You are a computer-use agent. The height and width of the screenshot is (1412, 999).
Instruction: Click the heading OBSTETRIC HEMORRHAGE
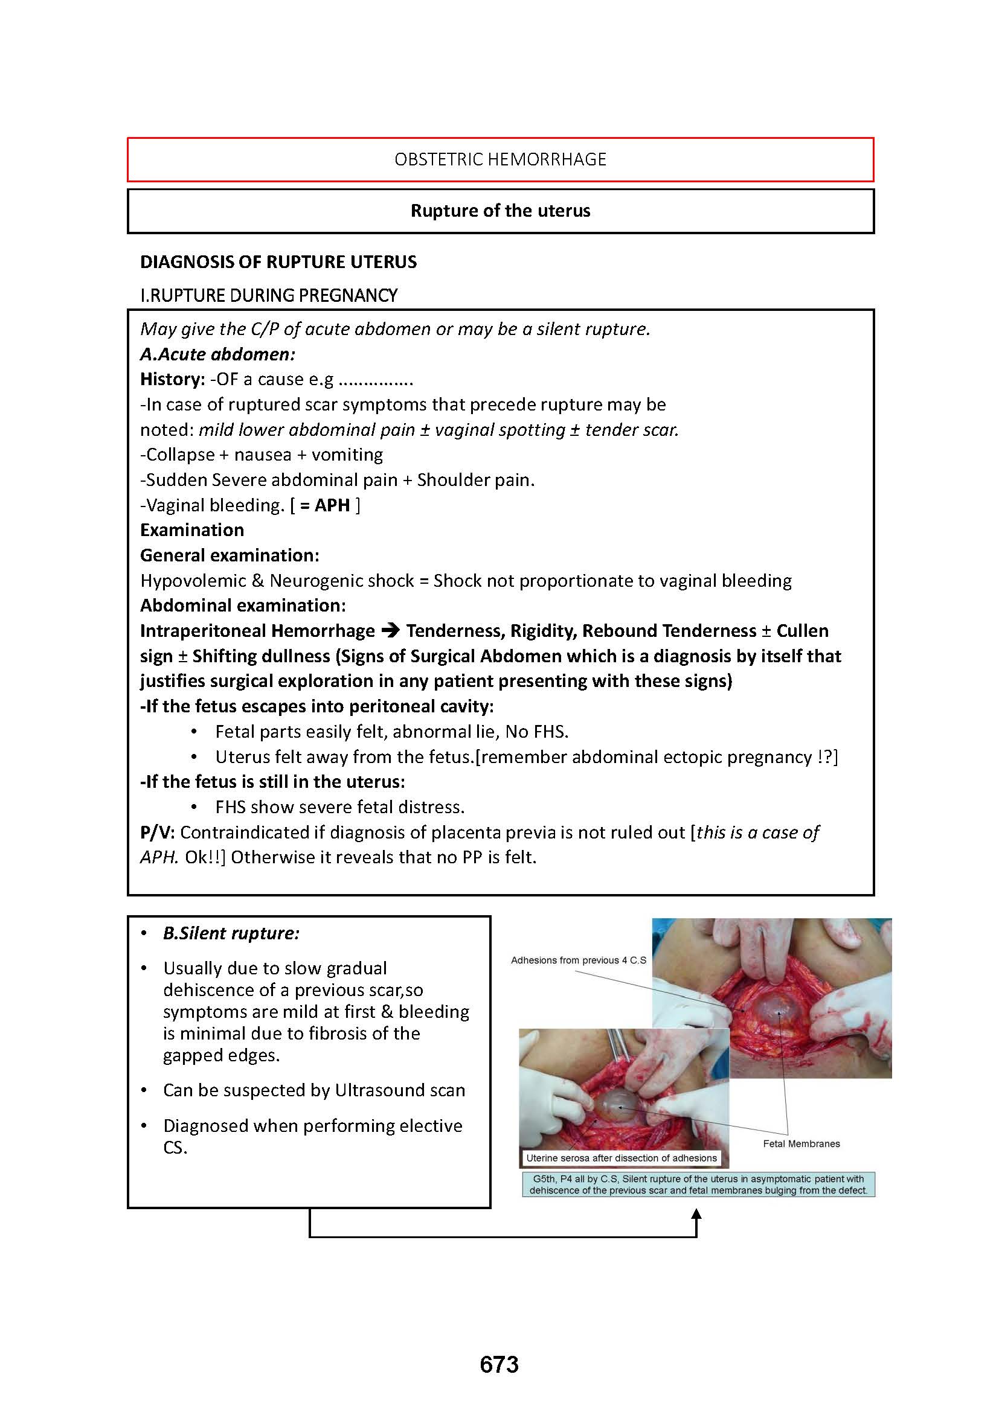pyautogui.click(x=500, y=159)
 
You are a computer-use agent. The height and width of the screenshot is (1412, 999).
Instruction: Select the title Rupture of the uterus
pyautogui.click(x=500, y=211)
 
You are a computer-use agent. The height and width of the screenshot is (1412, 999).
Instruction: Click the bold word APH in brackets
pyautogui.click(x=332, y=505)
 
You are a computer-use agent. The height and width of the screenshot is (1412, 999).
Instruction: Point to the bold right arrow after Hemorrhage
pyautogui.click(x=390, y=631)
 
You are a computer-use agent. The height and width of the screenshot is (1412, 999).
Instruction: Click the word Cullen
pyautogui.click(x=802, y=631)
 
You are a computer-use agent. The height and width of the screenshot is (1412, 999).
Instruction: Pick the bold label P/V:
pyautogui.click(x=158, y=832)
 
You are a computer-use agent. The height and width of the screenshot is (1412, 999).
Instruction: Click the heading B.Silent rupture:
pyautogui.click(x=231, y=933)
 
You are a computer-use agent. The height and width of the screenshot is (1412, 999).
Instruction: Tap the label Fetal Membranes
pyautogui.click(x=801, y=1143)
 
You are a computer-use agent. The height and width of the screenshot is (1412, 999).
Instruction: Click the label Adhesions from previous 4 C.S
pyautogui.click(x=578, y=960)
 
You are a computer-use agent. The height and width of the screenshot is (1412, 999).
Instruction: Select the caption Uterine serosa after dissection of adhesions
pyautogui.click(x=622, y=1158)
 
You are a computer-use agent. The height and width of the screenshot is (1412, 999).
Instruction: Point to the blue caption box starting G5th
pyautogui.click(x=698, y=1184)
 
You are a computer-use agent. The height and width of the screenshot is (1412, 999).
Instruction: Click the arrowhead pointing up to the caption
pyautogui.click(x=696, y=1215)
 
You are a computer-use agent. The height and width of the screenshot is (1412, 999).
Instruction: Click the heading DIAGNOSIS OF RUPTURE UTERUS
pyautogui.click(x=278, y=262)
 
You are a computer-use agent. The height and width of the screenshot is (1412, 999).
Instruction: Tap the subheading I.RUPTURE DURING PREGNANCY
pyautogui.click(x=269, y=296)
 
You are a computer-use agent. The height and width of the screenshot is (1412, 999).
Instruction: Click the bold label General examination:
pyautogui.click(x=230, y=555)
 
